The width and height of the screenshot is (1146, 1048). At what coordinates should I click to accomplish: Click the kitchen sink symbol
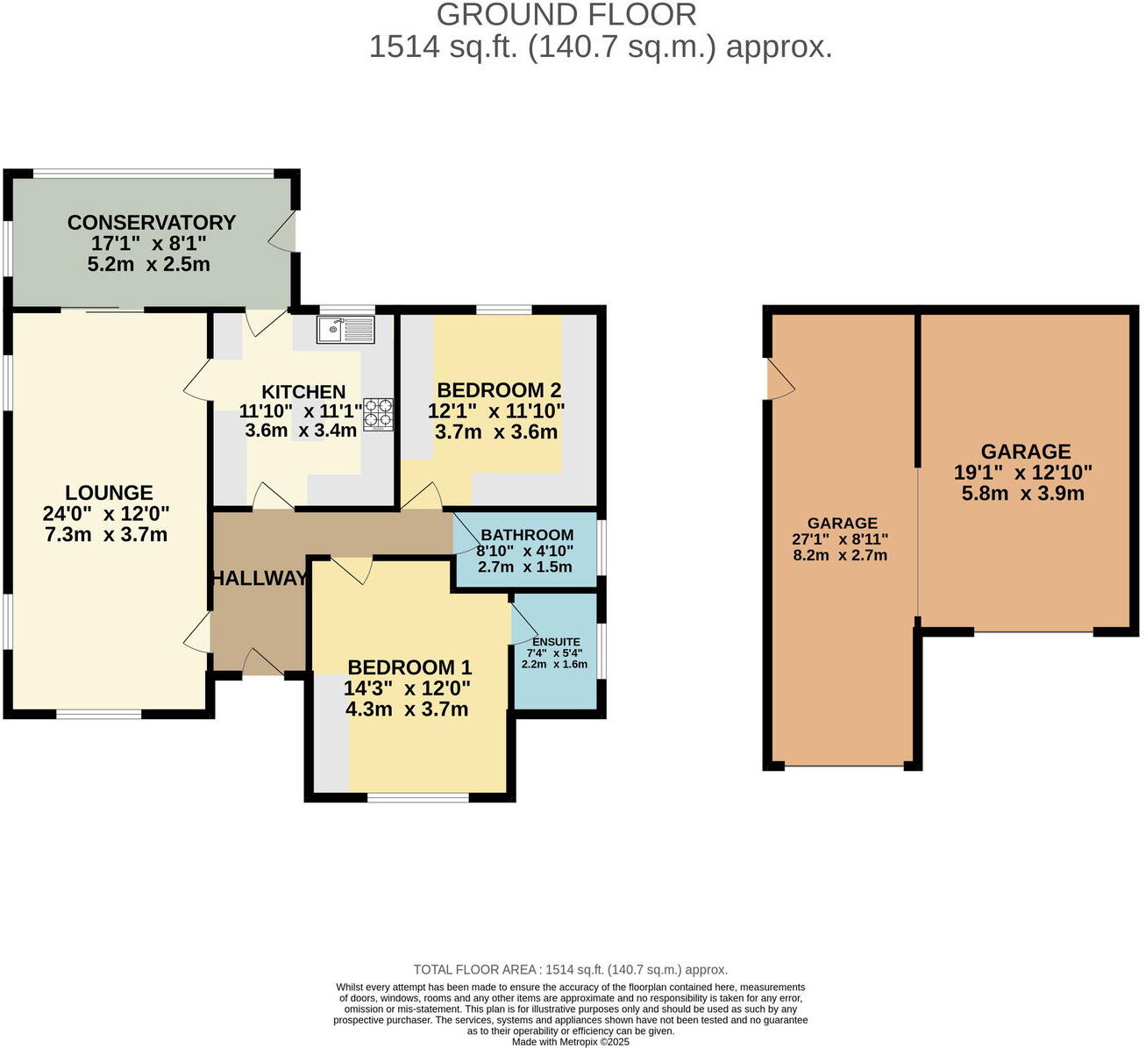(345, 330)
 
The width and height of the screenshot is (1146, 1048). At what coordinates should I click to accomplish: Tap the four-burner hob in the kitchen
(379, 414)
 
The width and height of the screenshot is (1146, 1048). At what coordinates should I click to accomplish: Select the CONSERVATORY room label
(152, 222)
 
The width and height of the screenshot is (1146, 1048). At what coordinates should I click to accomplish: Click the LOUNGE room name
(109, 493)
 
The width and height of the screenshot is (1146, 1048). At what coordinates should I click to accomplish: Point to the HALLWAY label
(260, 578)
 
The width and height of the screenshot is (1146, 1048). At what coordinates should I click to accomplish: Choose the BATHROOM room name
(527, 535)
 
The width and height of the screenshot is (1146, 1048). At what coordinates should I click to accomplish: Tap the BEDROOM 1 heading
(409, 667)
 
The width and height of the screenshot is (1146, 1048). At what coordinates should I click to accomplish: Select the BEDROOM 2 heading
(499, 390)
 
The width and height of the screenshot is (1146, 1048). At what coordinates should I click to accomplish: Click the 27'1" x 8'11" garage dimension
(840, 538)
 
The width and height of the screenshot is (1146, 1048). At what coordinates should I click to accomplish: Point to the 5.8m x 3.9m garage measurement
(1022, 493)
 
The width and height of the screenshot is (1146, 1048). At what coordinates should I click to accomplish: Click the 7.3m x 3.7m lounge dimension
(106, 535)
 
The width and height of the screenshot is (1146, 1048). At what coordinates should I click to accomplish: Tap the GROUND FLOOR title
(566, 15)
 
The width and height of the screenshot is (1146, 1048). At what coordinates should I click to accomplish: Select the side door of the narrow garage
(780, 379)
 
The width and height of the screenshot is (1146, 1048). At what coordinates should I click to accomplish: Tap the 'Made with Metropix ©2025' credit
(570, 1042)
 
